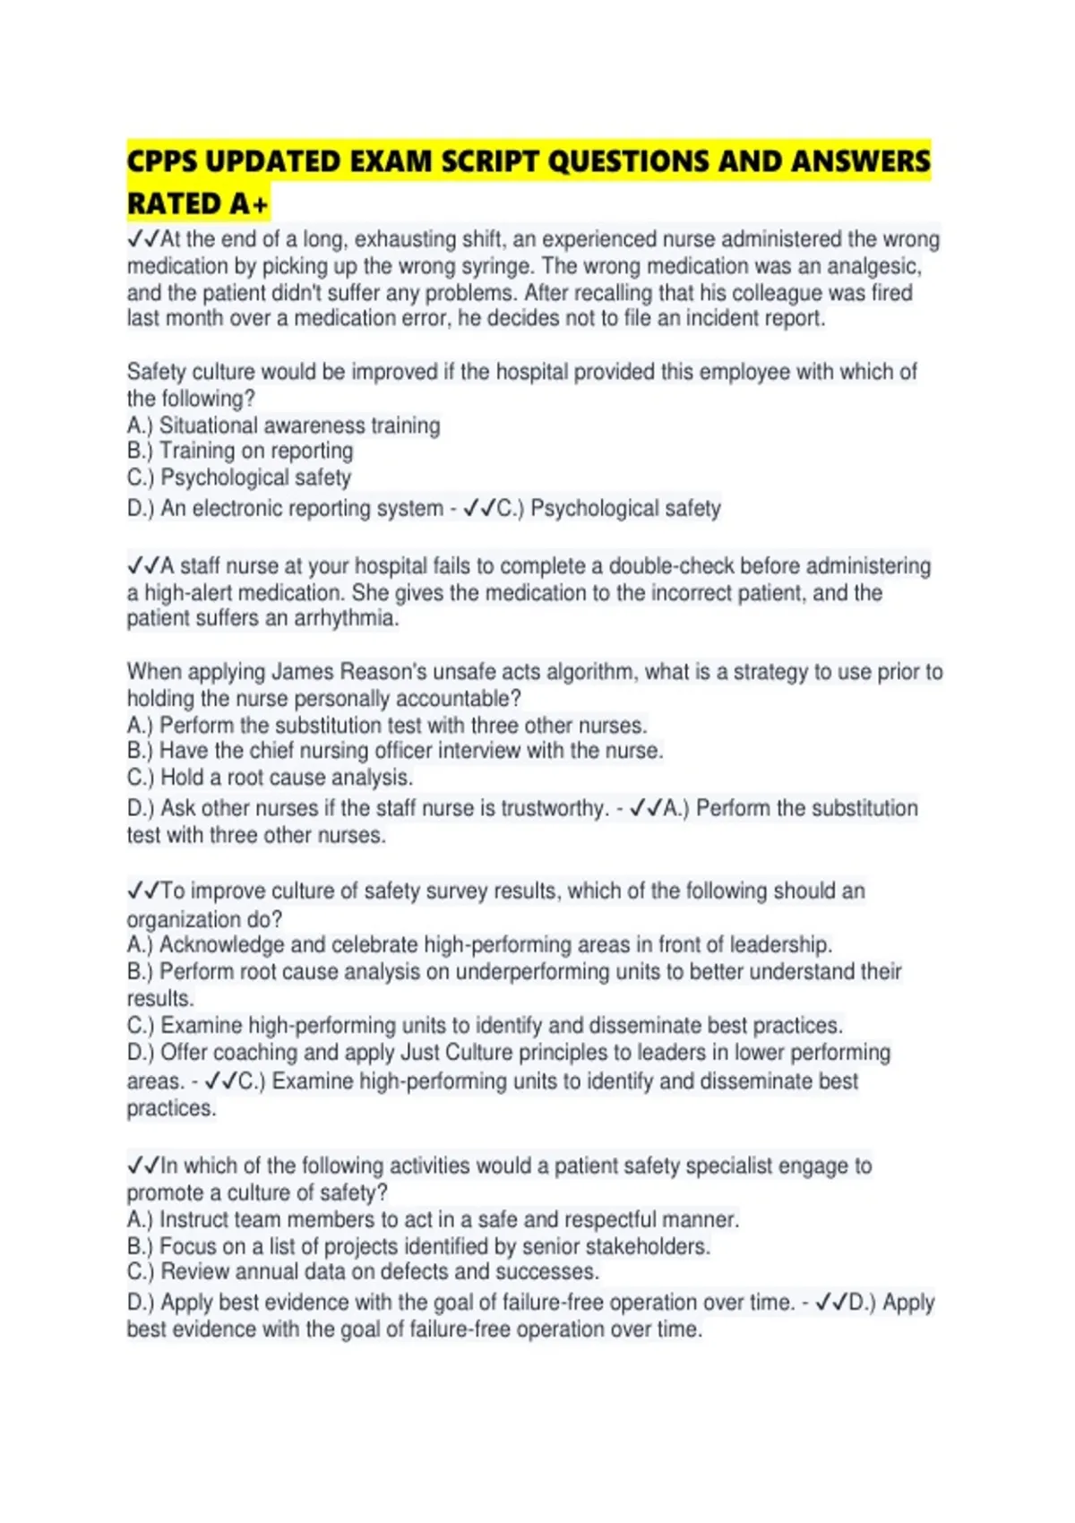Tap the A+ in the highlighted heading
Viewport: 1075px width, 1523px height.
(x=248, y=205)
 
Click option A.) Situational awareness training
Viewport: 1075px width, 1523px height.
(x=283, y=425)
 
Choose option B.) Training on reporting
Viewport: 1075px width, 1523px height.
(x=240, y=451)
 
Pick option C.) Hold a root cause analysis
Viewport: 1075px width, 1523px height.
(x=270, y=777)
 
